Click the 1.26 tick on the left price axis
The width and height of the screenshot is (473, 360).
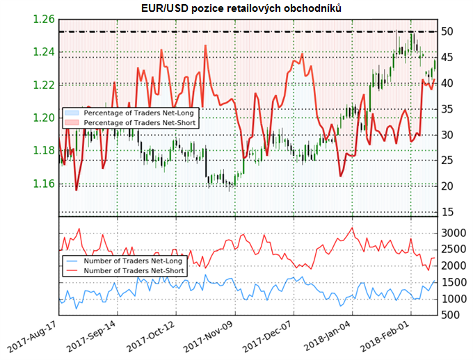point(44,19)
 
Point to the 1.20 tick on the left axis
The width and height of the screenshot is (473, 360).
point(44,117)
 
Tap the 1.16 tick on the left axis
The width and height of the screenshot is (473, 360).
point(44,183)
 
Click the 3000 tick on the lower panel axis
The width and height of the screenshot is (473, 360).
point(453,232)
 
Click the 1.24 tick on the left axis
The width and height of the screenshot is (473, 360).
point(44,51)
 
